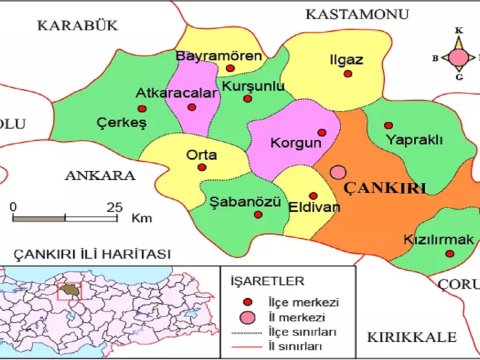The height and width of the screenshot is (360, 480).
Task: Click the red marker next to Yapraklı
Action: (387, 125)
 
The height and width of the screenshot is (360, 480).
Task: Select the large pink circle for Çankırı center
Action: (340, 174)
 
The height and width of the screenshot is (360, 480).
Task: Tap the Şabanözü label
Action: (241, 202)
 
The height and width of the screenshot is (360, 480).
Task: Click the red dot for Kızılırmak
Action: (449, 254)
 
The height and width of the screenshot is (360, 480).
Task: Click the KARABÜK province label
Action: (71, 24)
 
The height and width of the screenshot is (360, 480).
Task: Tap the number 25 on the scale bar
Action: (114, 207)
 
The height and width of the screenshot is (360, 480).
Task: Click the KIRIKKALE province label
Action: (411, 335)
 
